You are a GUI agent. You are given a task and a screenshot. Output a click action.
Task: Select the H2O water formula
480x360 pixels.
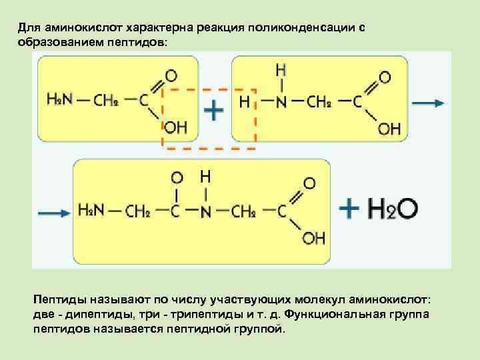395,209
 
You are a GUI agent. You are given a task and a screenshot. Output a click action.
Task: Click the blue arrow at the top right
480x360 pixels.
429,103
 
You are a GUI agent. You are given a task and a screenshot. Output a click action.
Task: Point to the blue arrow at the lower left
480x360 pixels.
53,212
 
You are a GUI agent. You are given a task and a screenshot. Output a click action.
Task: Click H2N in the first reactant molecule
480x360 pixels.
60,100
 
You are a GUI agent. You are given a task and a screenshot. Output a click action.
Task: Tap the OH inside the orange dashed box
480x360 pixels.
176,127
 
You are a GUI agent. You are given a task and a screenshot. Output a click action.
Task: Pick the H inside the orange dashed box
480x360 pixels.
245,102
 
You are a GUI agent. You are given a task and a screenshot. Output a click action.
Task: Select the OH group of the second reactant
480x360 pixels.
389,129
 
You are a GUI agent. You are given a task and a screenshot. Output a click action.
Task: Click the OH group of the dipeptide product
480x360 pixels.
313,238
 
